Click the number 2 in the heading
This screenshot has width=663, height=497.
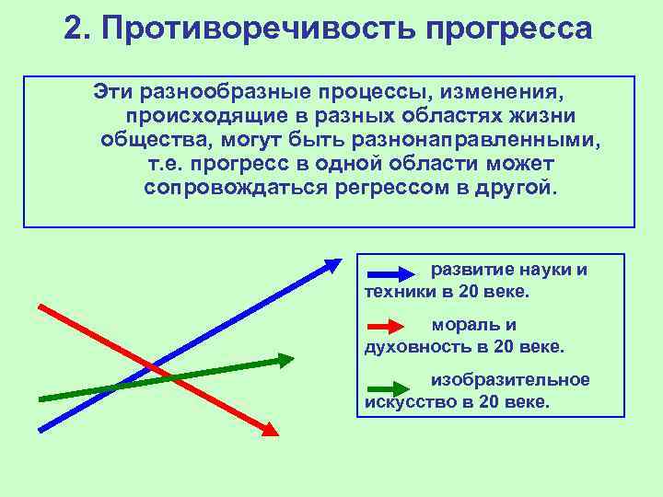click(x=76, y=29)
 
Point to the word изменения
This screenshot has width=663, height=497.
click(x=503, y=94)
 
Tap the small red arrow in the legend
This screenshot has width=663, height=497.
click(x=387, y=326)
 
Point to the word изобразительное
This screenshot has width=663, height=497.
click(x=510, y=380)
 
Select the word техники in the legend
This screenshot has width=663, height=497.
click(x=396, y=292)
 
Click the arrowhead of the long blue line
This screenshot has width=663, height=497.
click(x=332, y=263)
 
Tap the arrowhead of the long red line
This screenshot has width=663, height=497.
click(x=269, y=428)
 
